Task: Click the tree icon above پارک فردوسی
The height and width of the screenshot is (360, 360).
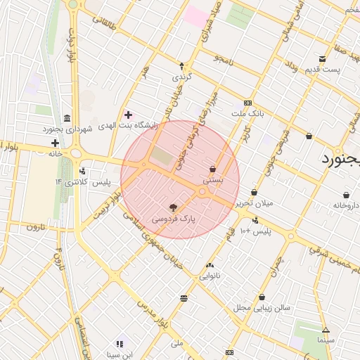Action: [173, 207]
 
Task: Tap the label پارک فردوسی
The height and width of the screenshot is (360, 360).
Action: [173, 219]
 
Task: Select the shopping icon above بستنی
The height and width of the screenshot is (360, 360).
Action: [212, 169]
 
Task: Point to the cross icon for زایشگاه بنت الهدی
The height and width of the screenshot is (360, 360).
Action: [127, 115]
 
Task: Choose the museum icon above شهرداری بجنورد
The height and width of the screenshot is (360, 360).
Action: [67, 117]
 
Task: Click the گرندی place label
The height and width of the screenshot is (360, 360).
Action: [181, 76]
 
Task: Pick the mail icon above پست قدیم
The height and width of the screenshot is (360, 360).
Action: [322, 58]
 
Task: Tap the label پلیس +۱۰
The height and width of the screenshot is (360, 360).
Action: [255, 231]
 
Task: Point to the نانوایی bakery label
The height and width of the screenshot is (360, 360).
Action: [210, 276]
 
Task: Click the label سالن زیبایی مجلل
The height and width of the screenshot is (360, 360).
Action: [262, 307]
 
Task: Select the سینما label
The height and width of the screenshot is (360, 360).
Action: [326, 340]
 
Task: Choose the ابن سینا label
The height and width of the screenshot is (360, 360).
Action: [120, 354]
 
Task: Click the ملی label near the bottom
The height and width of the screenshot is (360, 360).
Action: [177, 344]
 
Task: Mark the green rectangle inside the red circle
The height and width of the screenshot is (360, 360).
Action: [162, 157]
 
